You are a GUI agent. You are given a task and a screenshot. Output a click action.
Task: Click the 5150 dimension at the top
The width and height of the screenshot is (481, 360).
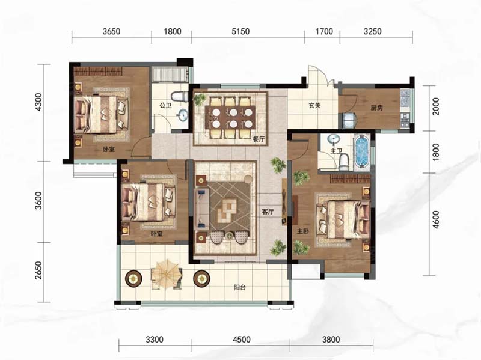(x=240, y=31)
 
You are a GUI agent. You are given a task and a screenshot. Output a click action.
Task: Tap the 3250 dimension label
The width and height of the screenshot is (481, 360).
(x=372, y=31)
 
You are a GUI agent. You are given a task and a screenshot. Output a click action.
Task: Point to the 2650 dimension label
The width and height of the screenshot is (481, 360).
(x=38, y=270)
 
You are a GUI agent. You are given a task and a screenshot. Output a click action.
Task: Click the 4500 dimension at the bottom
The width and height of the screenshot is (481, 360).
(x=242, y=340)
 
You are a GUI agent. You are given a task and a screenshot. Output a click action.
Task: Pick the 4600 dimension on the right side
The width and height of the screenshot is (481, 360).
(x=435, y=219)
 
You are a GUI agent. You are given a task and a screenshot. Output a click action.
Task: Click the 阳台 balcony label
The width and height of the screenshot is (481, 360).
(x=239, y=288)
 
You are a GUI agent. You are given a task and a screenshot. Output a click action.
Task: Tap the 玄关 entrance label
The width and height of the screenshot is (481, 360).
(x=314, y=106)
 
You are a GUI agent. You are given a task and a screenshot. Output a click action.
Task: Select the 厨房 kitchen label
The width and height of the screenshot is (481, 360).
(x=377, y=108)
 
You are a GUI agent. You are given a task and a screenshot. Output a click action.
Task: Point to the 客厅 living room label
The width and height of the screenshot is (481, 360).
(x=268, y=212)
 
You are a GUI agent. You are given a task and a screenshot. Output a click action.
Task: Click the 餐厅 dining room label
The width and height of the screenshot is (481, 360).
(x=259, y=139)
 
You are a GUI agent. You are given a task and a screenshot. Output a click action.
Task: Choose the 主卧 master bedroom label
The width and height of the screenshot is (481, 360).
(x=302, y=231)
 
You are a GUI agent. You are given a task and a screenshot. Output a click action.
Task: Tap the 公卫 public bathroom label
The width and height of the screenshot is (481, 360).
(x=165, y=106)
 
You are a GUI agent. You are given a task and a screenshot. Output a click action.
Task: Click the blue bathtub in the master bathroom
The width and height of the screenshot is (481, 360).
(x=362, y=152)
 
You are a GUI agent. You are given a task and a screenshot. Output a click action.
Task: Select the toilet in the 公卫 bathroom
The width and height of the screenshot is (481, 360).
(x=180, y=96)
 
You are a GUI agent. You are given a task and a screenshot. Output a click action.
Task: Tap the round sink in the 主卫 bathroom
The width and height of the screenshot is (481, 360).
(x=333, y=139)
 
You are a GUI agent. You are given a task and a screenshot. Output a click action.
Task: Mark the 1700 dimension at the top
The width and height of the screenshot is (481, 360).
(x=324, y=31)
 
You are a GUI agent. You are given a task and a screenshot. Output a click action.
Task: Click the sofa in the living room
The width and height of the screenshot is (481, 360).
(x=203, y=208)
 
